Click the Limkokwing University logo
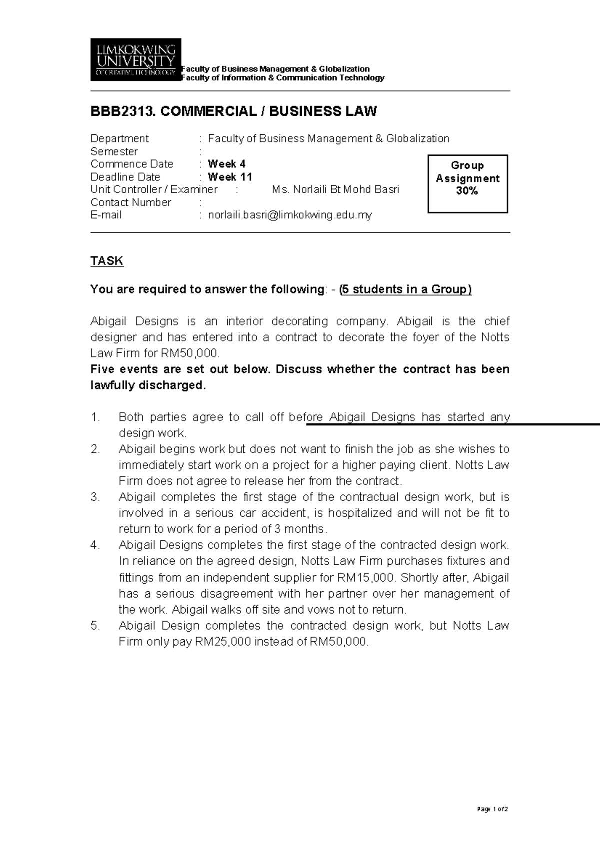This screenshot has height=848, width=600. pos(135,60)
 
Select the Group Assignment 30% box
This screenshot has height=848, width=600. pos(468,184)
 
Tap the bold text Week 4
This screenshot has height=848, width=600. pos(226,164)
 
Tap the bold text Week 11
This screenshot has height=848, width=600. pos(230,177)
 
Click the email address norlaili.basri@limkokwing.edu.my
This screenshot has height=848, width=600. pos(290,215)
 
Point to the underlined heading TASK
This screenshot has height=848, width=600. pos(107,261)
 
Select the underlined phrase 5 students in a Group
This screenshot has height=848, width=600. pos(405,289)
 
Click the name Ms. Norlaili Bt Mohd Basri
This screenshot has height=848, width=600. pos(335,189)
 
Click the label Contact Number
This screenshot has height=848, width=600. pos(131,202)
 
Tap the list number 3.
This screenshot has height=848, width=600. pos(96,497)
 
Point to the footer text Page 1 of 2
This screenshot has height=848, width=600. pos(492,809)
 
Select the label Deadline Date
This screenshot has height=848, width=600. pos(125,177)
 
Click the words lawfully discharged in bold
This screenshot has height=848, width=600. pos(148,386)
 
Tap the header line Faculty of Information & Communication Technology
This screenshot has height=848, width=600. pos(283,78)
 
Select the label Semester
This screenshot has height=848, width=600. pos(114,151)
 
